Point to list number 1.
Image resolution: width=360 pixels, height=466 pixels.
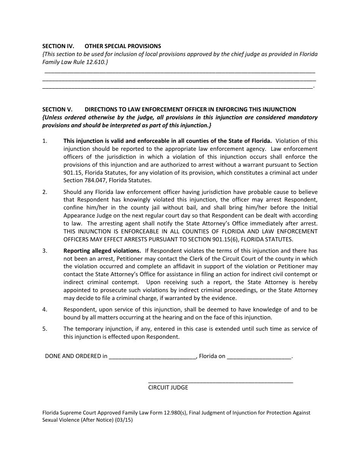[45, 141]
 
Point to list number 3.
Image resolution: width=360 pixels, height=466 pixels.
[45, 251]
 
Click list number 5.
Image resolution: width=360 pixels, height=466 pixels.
[45, 329]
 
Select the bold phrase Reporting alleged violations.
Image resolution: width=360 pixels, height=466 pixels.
[102, 251]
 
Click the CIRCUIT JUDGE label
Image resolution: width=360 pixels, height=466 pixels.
[168, 388]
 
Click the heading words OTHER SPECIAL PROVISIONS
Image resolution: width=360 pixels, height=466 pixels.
[123, 46]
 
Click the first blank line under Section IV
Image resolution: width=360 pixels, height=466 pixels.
[180, 71]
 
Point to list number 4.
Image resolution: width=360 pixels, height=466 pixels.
[45, 310]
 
